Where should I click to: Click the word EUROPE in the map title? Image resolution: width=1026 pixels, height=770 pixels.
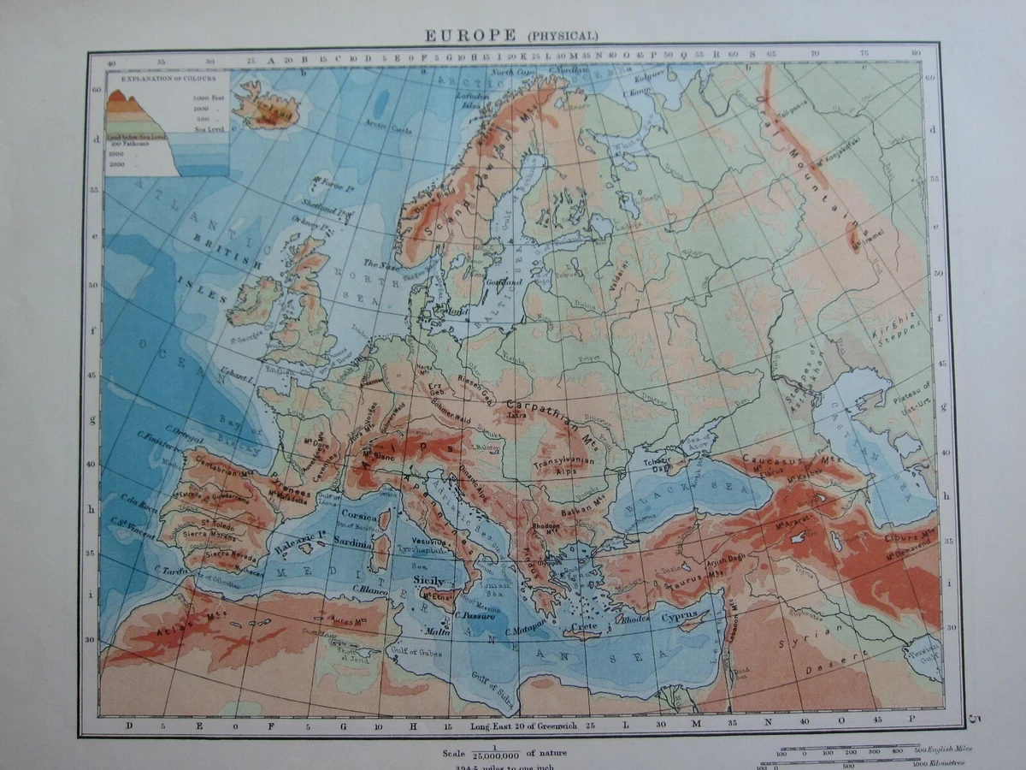[x=470, y=35]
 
